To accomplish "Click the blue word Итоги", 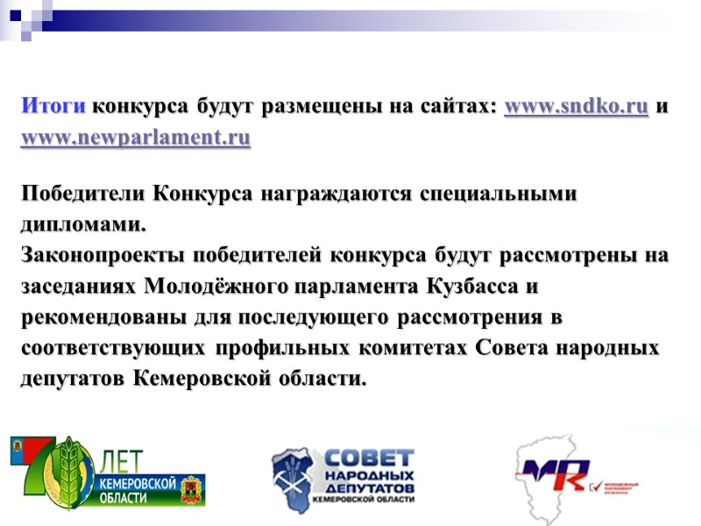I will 53,108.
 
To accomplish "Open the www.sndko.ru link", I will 577,108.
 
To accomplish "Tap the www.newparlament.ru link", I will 136,138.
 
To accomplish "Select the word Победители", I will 82,194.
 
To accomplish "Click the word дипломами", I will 80,224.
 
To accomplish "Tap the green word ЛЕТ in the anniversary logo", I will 126,462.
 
